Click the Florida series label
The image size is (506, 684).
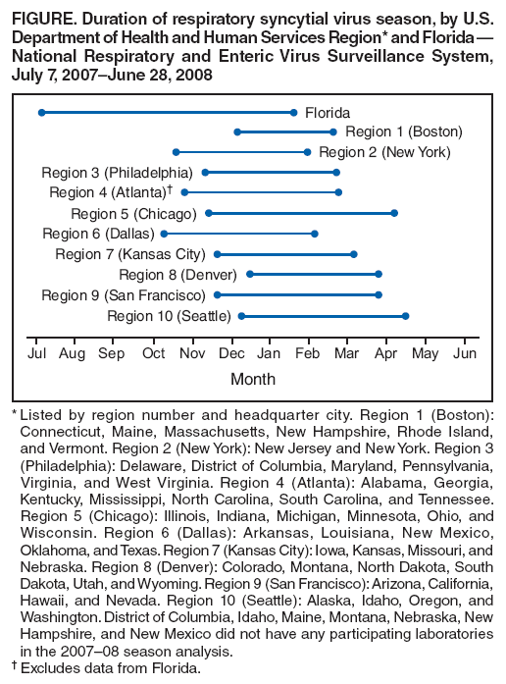(327, 113)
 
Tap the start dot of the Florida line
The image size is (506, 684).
(41, 113)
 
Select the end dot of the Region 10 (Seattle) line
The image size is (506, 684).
(405, 315)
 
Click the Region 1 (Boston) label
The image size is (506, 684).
(403, 132)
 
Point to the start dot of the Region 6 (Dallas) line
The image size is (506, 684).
(164, 234)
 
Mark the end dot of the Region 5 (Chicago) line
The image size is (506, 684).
(394, 213)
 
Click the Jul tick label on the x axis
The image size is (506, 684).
(37, 352)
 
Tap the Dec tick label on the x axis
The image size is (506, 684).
(232, 352)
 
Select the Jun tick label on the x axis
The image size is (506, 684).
(466, 352)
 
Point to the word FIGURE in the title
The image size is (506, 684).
(44, 12)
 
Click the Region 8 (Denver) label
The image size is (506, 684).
(177, 274)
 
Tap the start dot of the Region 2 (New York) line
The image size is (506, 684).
(176, 152)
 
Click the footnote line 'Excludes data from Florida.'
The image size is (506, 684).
(110, 668)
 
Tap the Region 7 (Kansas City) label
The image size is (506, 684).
(129, 254)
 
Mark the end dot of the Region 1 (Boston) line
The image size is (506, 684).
(333, 132)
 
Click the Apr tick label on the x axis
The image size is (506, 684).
(387, 352)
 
